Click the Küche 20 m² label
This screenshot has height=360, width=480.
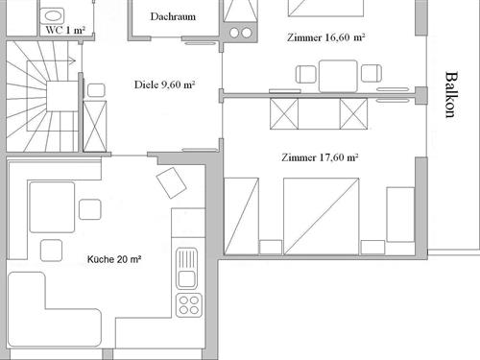(x=114, y=259)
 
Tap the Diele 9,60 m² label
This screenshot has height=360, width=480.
(x=165, y=84)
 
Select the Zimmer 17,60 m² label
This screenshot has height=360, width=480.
(x=320, y=157)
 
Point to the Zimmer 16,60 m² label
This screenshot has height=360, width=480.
(x=326, y=37)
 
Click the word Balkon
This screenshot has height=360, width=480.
(x=451, y=95)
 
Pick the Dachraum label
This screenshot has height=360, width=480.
(x=173, y=16)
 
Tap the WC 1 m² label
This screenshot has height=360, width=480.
(x=65, y=31)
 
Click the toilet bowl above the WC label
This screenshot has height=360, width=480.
(x=53, y=15)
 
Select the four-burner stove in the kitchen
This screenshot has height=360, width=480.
(x=189, y=305)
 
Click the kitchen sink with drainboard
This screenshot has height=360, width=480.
(x=186, y=269)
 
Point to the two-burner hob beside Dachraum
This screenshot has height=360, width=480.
(x=240, y=33)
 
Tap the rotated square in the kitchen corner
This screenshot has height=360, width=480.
(x=171, y=182)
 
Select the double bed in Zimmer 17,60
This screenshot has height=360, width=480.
(x=322, y=216)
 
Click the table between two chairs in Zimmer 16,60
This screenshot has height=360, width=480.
(x=338, y=76)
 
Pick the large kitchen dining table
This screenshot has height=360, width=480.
(x=52, y=207)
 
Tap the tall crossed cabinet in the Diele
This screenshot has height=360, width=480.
(x=95, y=126)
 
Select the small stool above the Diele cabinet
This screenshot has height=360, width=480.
(x=96, y=90)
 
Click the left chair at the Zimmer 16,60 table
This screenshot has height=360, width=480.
(x=306, y=74)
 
